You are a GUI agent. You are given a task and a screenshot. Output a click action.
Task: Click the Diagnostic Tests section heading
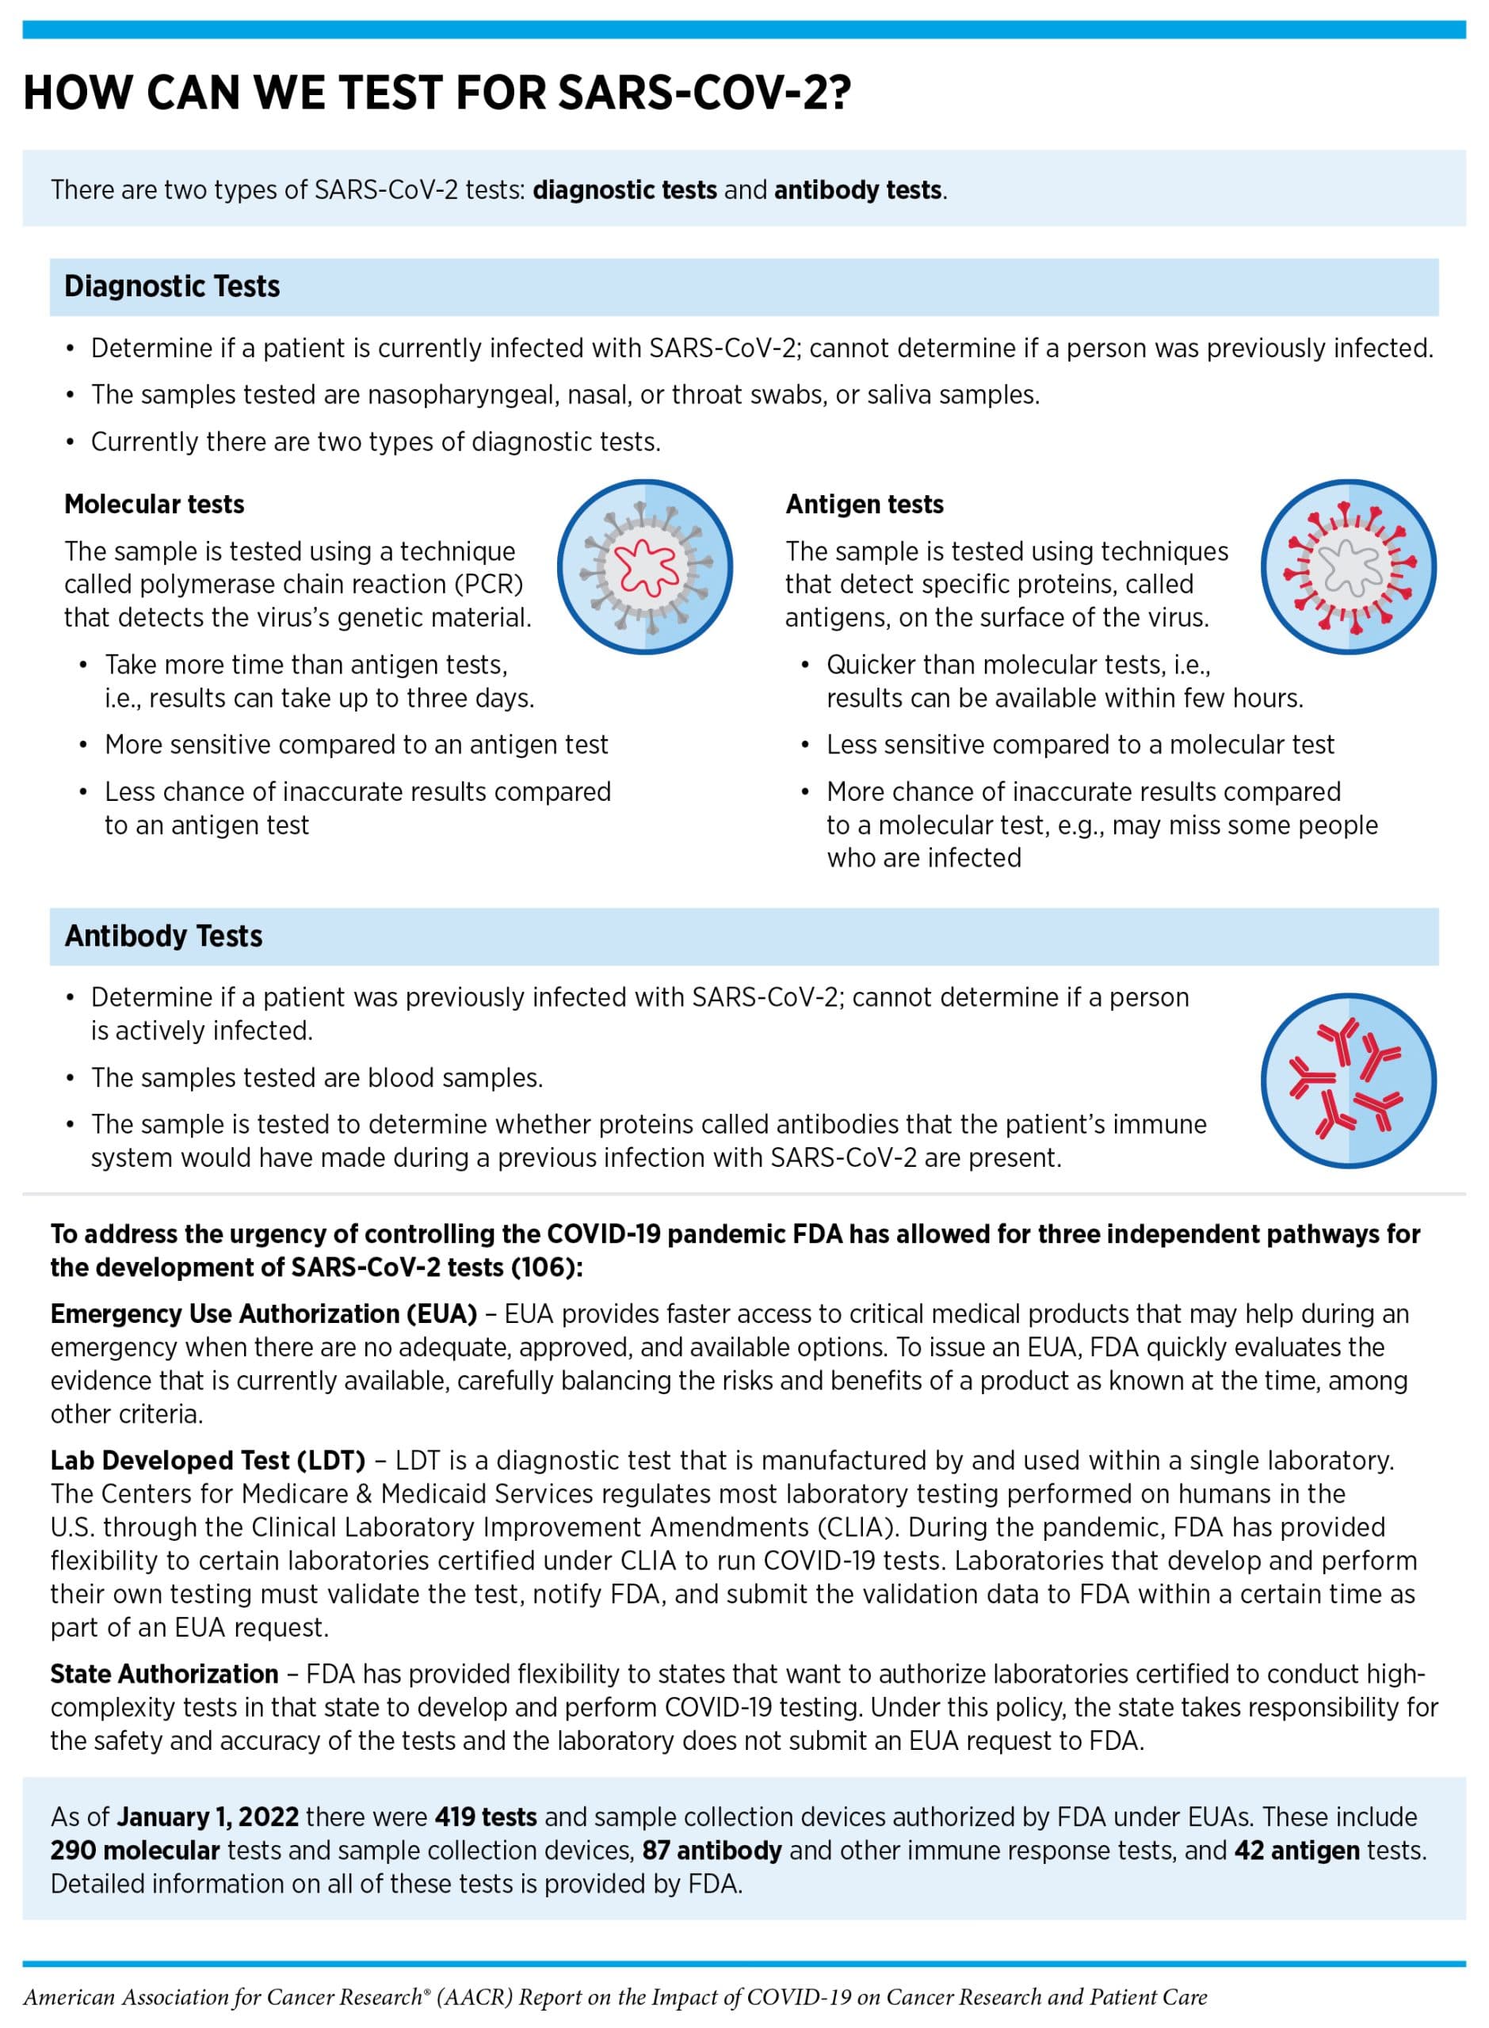point(171,287)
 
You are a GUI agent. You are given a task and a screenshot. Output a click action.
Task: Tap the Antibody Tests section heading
point(163,936)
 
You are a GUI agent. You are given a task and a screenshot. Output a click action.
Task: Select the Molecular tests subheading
point(154,504)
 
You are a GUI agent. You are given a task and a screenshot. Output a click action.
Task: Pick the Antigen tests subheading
point(865,504)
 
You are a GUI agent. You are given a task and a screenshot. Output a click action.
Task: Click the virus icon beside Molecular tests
point(644,566)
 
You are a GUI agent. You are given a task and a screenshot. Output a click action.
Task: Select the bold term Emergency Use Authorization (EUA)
point(263,1313)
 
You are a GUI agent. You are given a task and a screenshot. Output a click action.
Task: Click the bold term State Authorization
point(164,1674)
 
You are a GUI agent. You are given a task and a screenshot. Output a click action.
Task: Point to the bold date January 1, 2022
point(208,1817)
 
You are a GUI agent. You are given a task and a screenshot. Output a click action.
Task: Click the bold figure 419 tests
point(486,1817)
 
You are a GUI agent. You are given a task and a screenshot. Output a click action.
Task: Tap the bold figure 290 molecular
point(136,1851)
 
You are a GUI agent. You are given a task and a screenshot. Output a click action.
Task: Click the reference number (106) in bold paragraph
point(546,1267)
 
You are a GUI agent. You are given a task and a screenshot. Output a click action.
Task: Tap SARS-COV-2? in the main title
point(704,93)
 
